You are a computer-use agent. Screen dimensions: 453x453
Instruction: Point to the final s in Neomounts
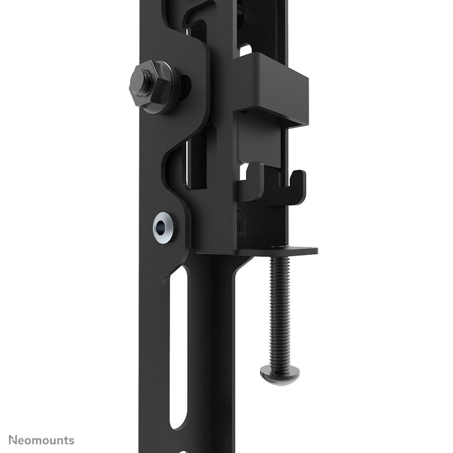71,441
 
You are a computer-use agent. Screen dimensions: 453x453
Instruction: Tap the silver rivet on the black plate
163,227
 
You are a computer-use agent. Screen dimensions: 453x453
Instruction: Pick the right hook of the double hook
295,188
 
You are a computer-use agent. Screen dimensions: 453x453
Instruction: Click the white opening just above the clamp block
245,49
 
